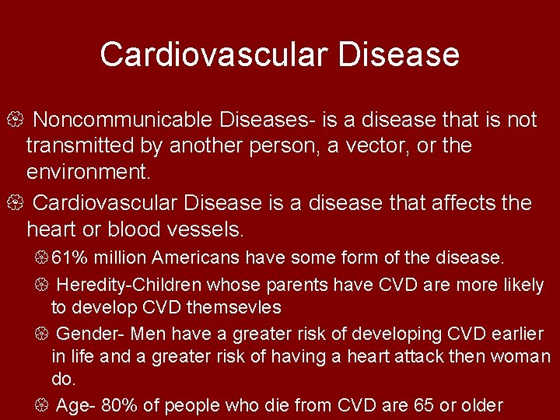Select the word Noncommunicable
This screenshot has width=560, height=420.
click(x=124, y=120)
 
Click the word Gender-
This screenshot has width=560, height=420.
click(x=91, y=334)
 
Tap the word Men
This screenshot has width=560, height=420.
click(x=148, y=334)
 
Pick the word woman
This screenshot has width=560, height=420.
click(x=524, y=356)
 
